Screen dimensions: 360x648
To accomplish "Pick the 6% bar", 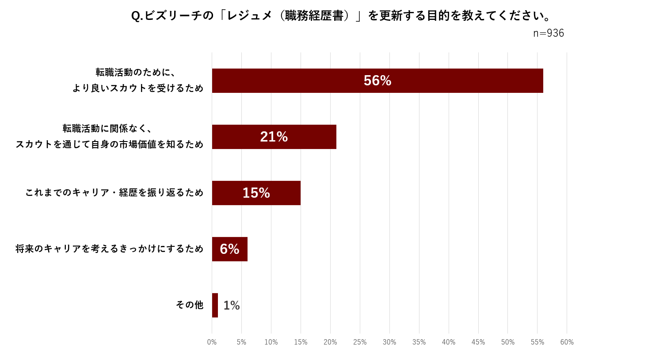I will point(229,249).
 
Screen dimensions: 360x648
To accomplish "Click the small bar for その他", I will point(215,305).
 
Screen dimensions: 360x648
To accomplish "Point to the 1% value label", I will point(232,306).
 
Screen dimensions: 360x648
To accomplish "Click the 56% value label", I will point(377,80).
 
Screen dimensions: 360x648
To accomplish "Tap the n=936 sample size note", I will point(548,33).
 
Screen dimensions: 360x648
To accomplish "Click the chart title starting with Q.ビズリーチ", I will point(341,16).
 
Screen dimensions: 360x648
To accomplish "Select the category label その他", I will point(190,305).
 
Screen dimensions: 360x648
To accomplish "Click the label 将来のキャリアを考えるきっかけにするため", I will point(110,249).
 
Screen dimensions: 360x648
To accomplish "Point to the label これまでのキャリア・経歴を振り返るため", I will point(114,192).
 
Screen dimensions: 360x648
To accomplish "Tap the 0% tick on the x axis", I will point(212,342).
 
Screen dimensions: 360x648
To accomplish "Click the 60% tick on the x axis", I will point(567,342).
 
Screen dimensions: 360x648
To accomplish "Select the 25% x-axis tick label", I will point(360,342).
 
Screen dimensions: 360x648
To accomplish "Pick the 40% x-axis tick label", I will point(449,342).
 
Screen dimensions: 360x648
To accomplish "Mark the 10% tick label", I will point(271,342).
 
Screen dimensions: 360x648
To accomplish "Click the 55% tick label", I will point(537,342).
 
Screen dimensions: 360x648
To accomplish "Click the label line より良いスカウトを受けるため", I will point(138,88).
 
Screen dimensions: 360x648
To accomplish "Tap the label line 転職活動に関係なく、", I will point(107,129).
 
